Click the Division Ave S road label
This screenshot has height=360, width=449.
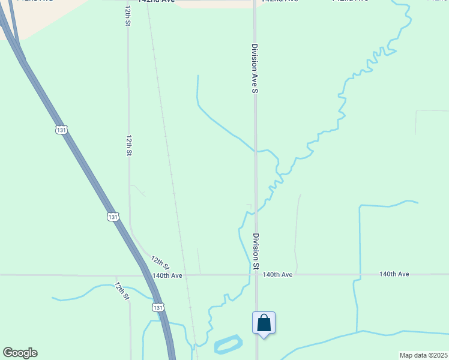(x=255, y=68)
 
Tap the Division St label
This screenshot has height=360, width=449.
(x=256, y=251)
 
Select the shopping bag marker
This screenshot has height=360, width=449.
(x=264, y=323)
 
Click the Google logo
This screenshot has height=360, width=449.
(x=20, y=353)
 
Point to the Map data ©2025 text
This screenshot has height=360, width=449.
(x=423, y=355)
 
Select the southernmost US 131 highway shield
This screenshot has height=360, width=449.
(x=157, y=307)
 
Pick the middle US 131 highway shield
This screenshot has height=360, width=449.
(x=113, y=216)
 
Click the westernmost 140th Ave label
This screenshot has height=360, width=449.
(x=167, y=275)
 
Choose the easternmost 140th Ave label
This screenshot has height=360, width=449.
(x=394, y=274)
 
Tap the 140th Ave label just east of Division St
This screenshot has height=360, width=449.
(x=277, y=275)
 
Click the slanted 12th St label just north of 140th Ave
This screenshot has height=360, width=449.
(x=160, y=263)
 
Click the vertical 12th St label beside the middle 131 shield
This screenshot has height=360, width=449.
(x=128, y=145)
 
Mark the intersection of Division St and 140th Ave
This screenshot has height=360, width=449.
(x=256, y=275)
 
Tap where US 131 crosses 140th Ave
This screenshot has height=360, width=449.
(x=148, y=275)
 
